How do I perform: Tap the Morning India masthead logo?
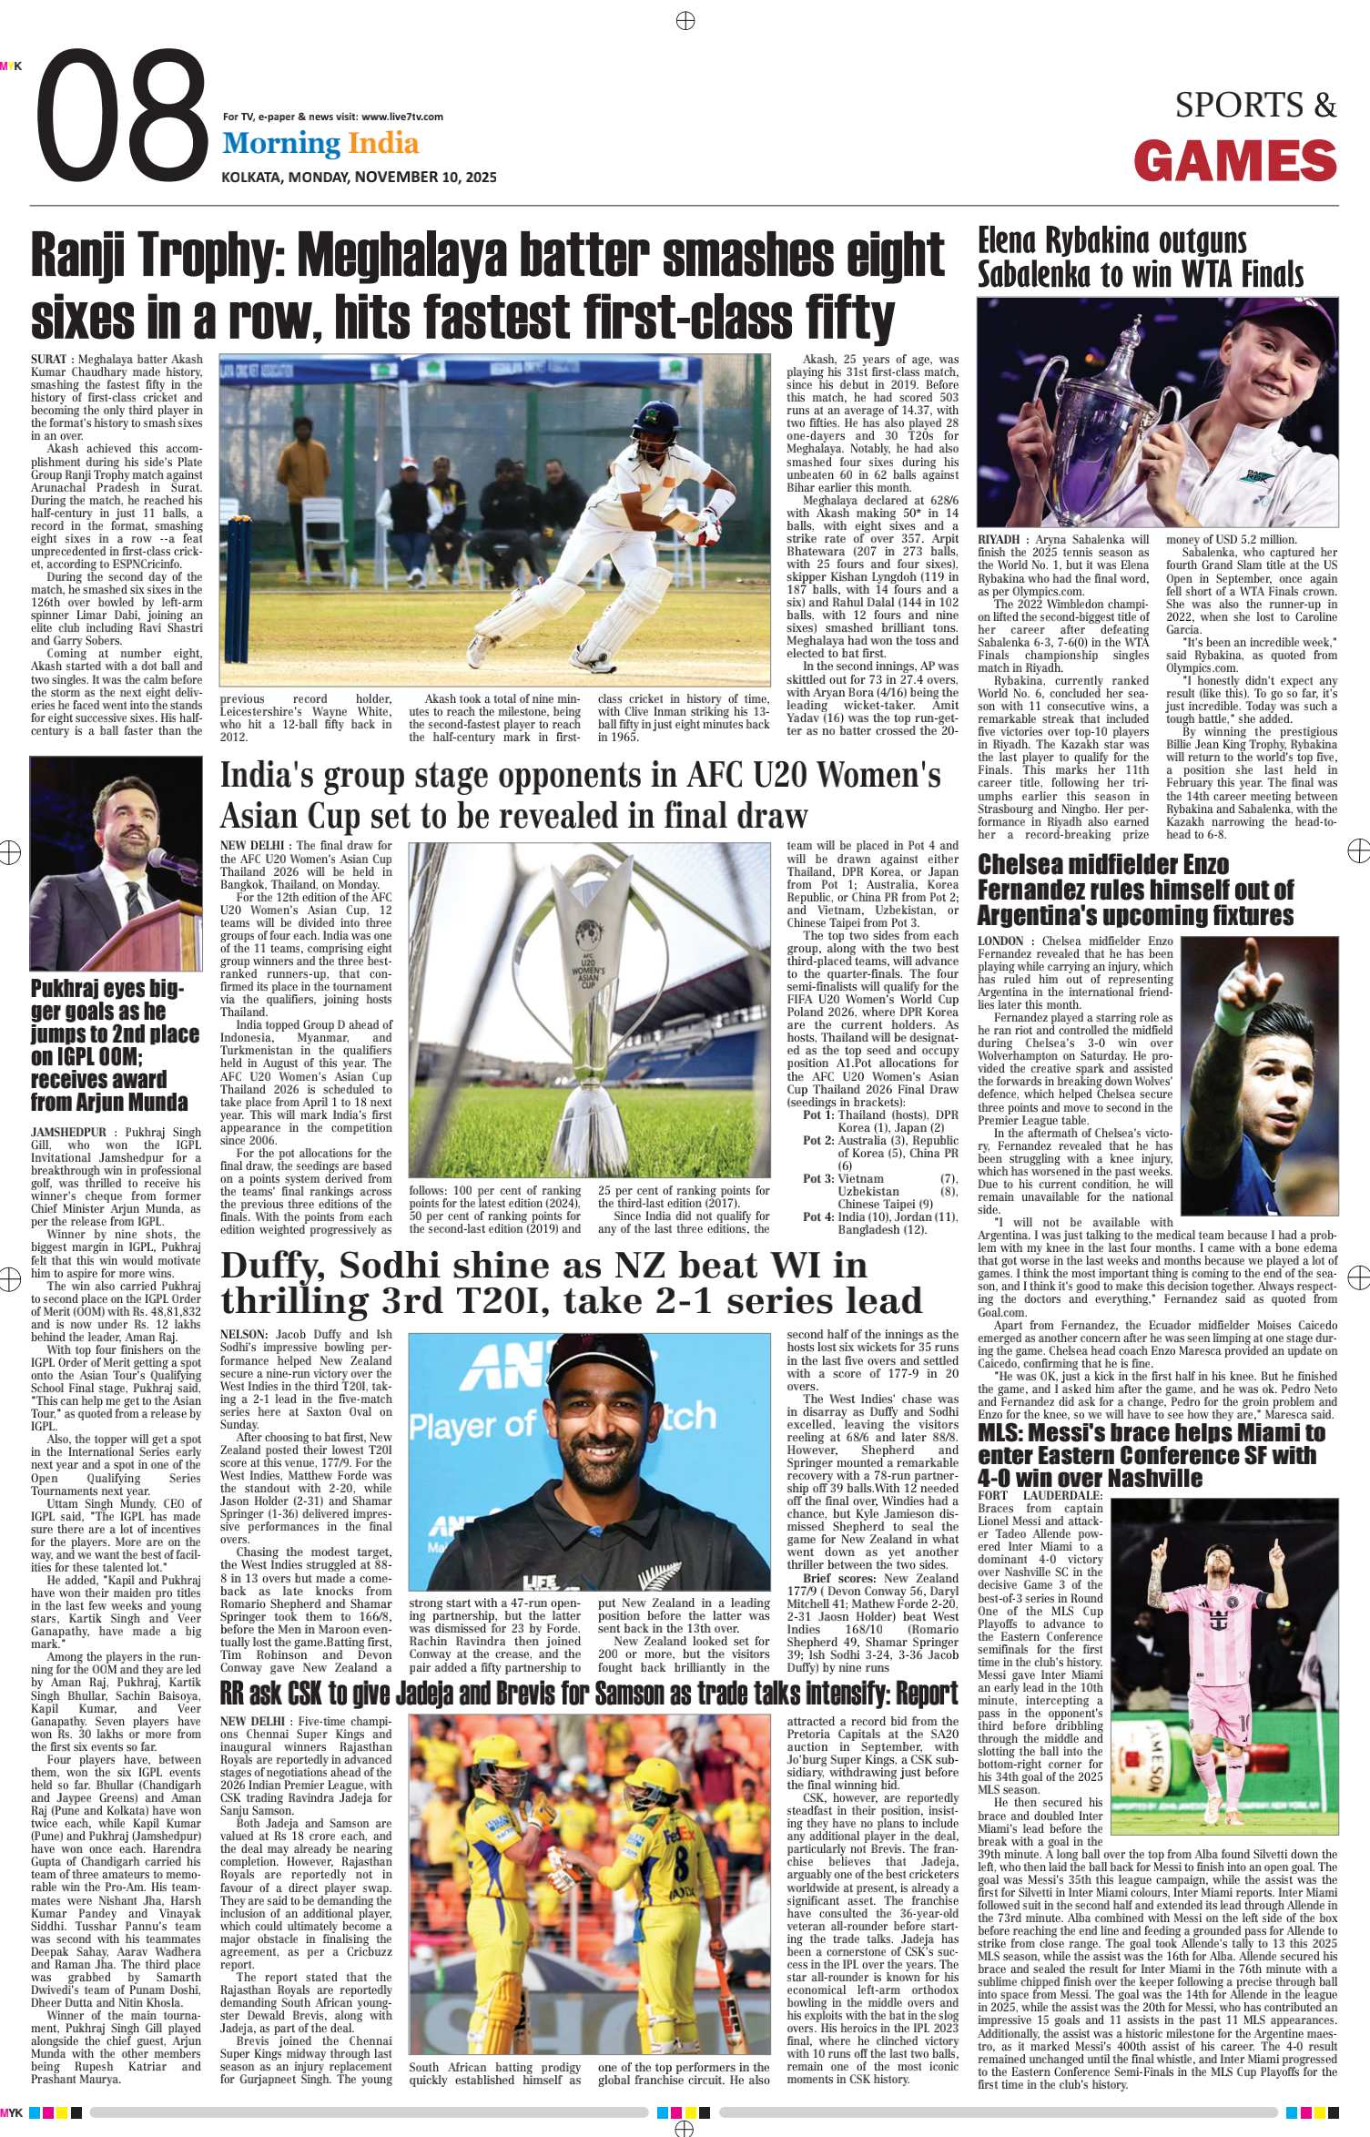tap(320, 143)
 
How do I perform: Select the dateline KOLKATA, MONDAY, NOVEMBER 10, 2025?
tap(360, 177)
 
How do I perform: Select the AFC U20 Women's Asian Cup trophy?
tap(589, 983)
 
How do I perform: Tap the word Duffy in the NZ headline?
tap(276, 1266)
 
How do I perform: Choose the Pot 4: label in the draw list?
tap(818, 1216)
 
